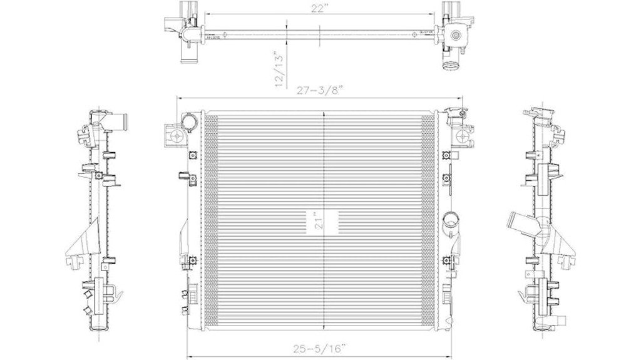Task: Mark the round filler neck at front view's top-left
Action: [187, 121]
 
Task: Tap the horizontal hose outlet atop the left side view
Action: [123, 119]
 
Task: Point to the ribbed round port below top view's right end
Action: [449, 64]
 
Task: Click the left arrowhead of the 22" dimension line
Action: [206, 13]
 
